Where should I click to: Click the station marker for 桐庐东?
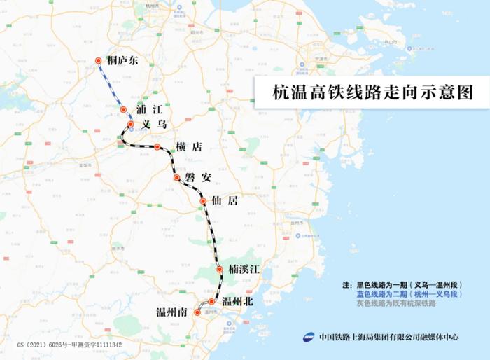click(x=99, y=61)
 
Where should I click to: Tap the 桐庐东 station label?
click(x=124, y=61)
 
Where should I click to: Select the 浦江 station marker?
click(x=123, y=109)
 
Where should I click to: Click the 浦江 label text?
click(x=150, y=109)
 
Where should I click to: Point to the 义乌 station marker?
click(x=131, y=124)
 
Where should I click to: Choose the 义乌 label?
click(x=155, y=124)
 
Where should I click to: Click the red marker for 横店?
click(x=157, y=147)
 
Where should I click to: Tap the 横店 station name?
click(x=189, y=146)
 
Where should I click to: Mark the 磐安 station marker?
click(x=177, y=178)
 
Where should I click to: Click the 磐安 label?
click(x=198, y=177)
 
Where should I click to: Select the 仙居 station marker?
click(x=203, y=202)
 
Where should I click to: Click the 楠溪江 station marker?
click(x=220, y=269)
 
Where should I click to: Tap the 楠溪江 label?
click(x=245, y=269)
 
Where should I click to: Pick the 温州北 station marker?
click(x=211, y=302)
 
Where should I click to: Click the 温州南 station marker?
click(x=197, y=313)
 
